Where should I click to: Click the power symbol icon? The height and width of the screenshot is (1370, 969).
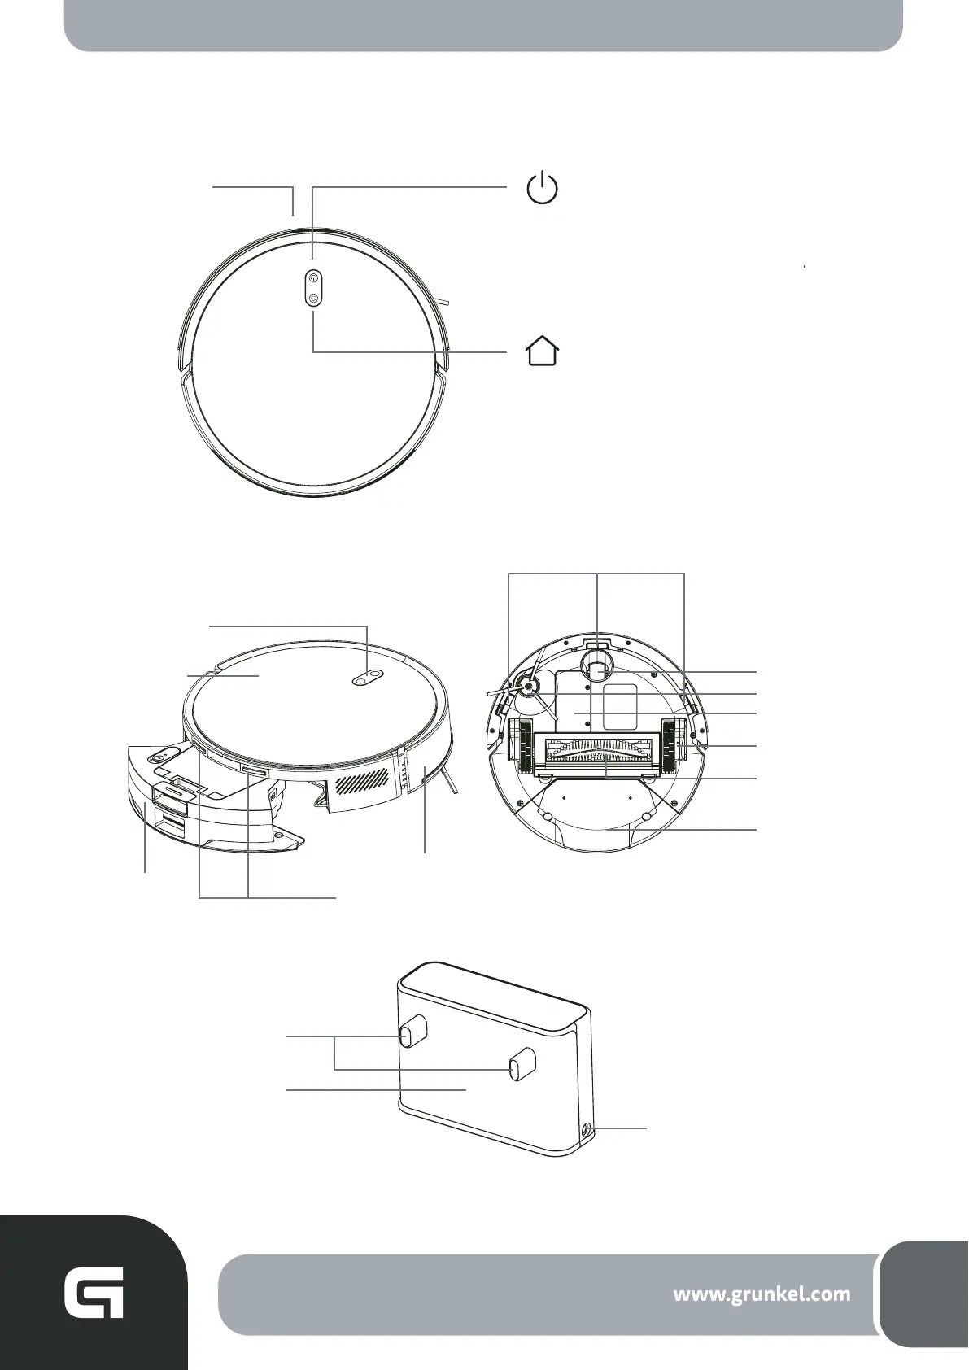click(x=542, y=189)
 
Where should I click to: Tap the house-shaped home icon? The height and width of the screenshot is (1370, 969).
click(x=542, y=351)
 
